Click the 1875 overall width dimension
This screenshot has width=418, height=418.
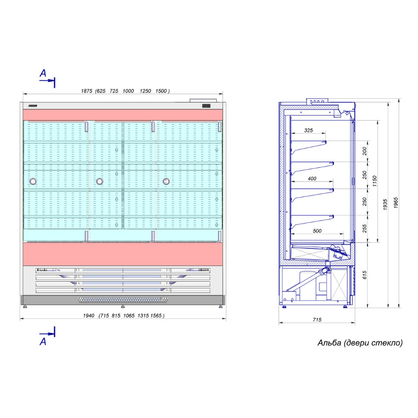click(87, 91)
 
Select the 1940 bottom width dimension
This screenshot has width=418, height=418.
click(89, 316)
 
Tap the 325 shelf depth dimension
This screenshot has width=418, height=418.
click(308, 130)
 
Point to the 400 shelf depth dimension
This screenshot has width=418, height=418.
click(312, 179)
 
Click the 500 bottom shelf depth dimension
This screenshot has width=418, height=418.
click(317, 231)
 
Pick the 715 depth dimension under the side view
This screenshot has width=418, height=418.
click(317, 320)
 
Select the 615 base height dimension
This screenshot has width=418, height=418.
click(365, 275)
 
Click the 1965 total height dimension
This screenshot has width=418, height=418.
click(396, 203)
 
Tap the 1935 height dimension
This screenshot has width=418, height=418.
click(385, 205)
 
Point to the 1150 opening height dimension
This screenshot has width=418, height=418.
click(375, 181)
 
